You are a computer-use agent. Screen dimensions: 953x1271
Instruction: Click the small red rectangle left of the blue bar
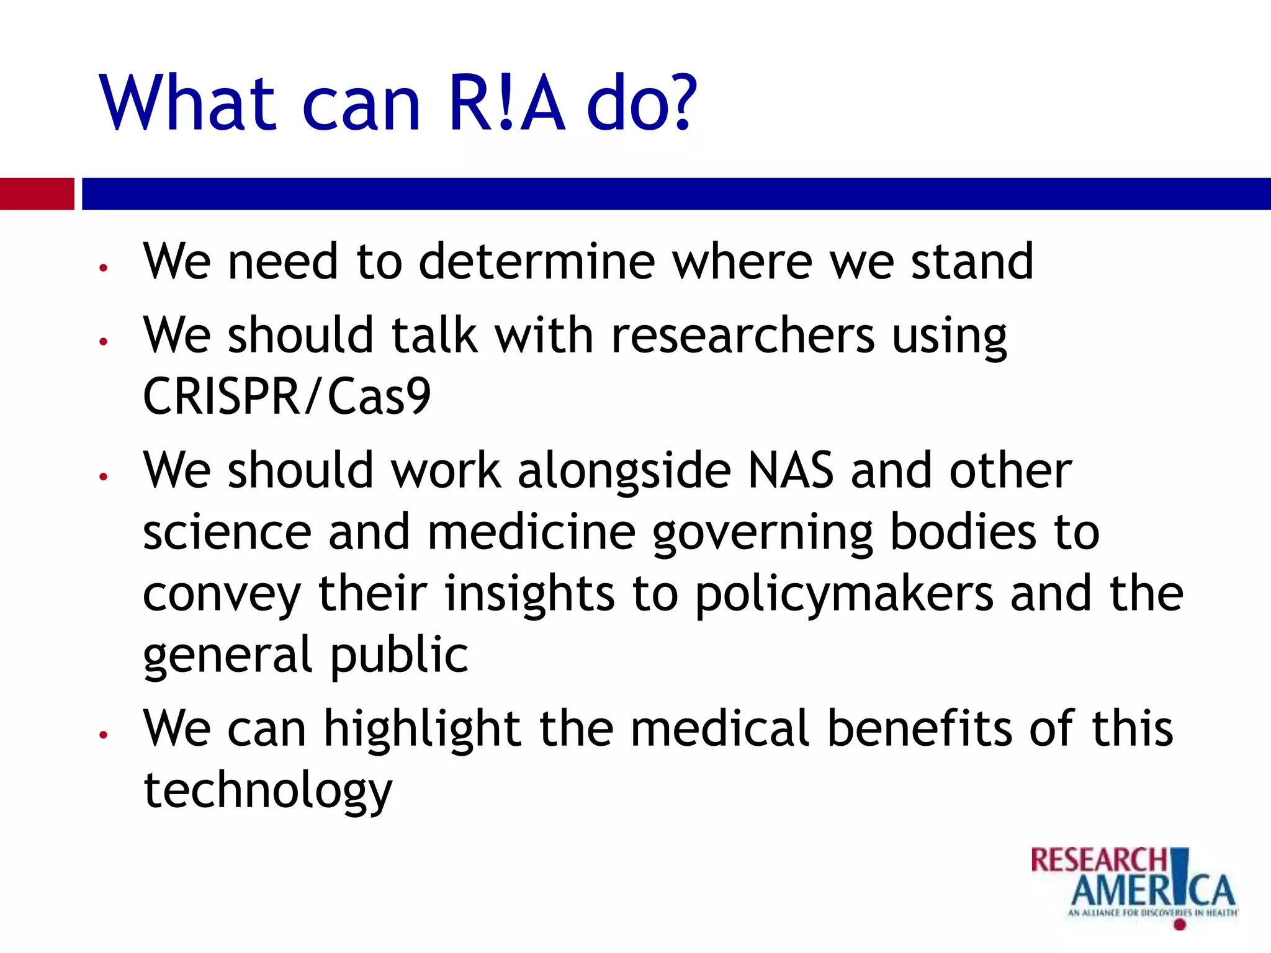(37, 194)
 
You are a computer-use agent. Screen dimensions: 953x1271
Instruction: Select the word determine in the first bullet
(537, 262)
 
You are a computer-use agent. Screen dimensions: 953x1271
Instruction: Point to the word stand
(972, 262)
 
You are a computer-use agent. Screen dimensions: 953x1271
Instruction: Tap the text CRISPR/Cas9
(287, 397)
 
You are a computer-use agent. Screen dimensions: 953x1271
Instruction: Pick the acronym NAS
(791, 470)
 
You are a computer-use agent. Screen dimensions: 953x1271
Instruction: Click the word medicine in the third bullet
(531, 532)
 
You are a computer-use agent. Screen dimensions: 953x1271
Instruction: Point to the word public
(398, 655)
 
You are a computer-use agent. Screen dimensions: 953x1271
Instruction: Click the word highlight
(422, 730)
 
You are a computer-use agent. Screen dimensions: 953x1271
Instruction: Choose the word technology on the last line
(267, 792)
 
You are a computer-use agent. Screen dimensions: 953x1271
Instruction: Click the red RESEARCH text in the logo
(1098, 861)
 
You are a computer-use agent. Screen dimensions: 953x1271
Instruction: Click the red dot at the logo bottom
(1180, 925)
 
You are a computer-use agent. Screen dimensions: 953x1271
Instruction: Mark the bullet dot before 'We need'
(104, 268)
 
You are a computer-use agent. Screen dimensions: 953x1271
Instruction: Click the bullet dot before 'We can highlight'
(104, 735)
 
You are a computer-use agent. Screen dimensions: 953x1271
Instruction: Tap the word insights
(529, 594)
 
